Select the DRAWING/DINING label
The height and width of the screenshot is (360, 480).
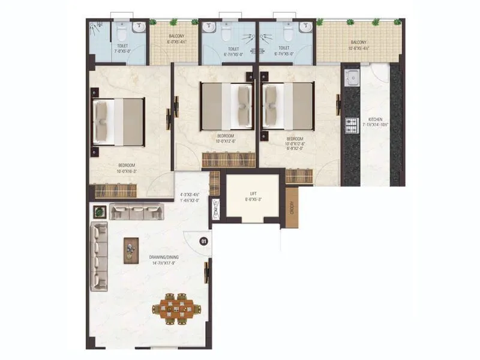tap(164, 257)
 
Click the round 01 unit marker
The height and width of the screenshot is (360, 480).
tap(203, 241)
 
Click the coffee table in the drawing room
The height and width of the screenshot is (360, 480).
tap(131, 250)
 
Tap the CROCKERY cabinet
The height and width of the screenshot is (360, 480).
tap(292, 207)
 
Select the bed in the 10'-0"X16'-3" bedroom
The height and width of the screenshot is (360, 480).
tap(118, 122)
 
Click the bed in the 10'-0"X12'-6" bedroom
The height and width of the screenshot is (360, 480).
tap(227, 106)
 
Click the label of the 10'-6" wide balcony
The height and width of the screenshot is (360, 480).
tap(359, 45)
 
